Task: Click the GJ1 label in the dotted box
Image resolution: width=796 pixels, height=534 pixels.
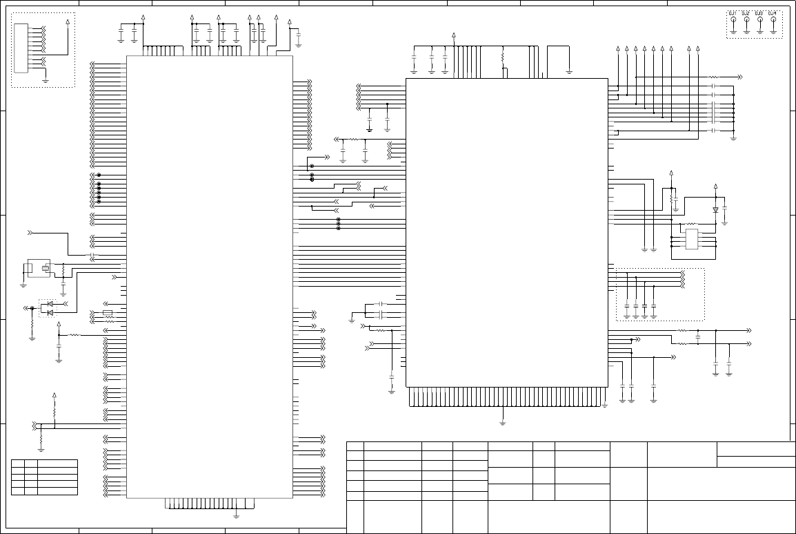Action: point(733,14)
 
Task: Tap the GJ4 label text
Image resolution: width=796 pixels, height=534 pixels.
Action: point(773,14)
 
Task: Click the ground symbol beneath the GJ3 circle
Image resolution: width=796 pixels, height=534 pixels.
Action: point(759,32)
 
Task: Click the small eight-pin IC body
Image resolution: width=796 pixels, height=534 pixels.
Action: point(693,239)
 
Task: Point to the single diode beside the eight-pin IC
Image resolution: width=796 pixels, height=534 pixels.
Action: point(715,209)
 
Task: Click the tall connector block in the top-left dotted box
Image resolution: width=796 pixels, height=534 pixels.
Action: point(21,48)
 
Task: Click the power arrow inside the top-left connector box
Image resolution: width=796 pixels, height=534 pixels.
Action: point(67,22)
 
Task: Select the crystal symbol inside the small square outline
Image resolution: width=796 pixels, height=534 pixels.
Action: point(46,268)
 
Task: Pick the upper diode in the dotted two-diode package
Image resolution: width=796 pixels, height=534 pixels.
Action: point(50,304)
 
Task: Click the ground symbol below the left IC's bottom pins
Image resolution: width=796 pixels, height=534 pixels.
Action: point(236,515)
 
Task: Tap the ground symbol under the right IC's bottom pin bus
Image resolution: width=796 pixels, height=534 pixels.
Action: point(503,422)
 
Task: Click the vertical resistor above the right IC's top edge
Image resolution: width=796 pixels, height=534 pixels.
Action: point(503,55)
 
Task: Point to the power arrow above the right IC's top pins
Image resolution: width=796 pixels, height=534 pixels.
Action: point(454,35)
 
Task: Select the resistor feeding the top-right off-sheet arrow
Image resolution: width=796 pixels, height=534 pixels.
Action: point(714,77)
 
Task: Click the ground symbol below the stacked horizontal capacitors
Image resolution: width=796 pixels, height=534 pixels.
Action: point(733,137)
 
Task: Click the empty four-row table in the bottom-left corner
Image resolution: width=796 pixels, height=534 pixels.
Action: point(44,477)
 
